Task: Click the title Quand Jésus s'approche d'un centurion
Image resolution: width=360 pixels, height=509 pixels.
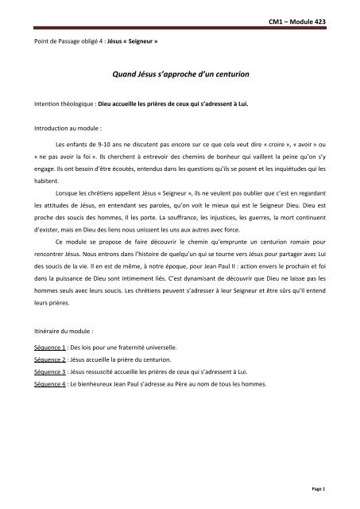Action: click(180, 72)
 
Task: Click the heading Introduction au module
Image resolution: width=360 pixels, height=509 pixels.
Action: click(61, 126)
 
